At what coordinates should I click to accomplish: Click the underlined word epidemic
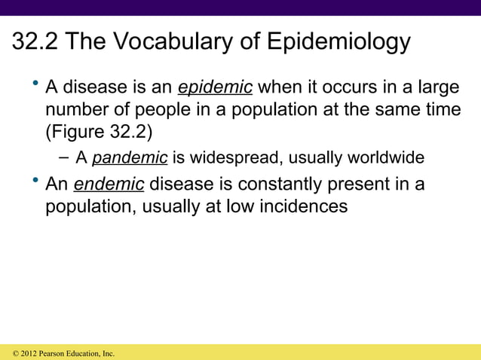tap(215, 88)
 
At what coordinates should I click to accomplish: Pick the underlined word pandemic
tap(129, 158)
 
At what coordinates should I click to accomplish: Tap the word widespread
tap(228, 158)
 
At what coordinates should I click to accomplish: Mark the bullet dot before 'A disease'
tap(35, 84)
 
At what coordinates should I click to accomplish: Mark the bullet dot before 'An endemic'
tap(35, 179)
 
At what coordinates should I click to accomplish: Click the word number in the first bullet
tap(76, 111)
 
